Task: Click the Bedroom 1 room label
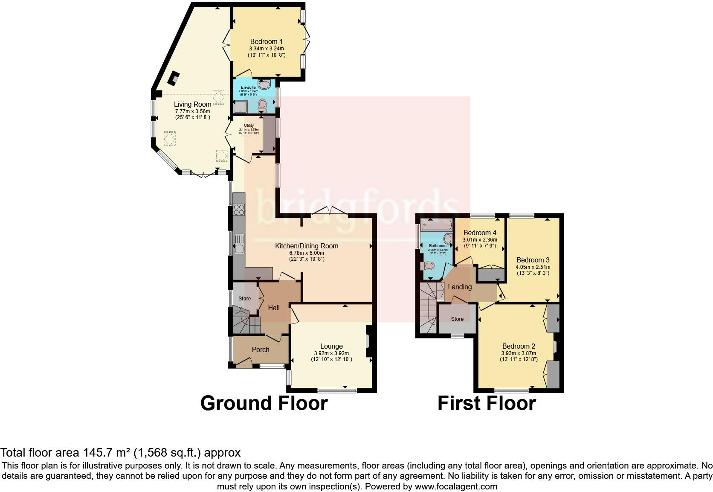[266, 41]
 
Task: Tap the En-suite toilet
[262, 104]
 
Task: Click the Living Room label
[192, 104]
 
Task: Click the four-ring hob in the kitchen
[239, 210]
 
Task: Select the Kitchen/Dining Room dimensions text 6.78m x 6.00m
[306, 253]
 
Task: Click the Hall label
[273, 308]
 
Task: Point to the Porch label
[260, 349]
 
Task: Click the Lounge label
[331, 346]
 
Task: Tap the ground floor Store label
[244, 299]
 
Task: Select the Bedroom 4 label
[480, 233]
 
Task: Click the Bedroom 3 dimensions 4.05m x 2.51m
[533, 267]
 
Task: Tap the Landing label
[459, 287]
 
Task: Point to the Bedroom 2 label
[518, 346]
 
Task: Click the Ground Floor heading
[264, 403]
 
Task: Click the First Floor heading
[486, 403]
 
